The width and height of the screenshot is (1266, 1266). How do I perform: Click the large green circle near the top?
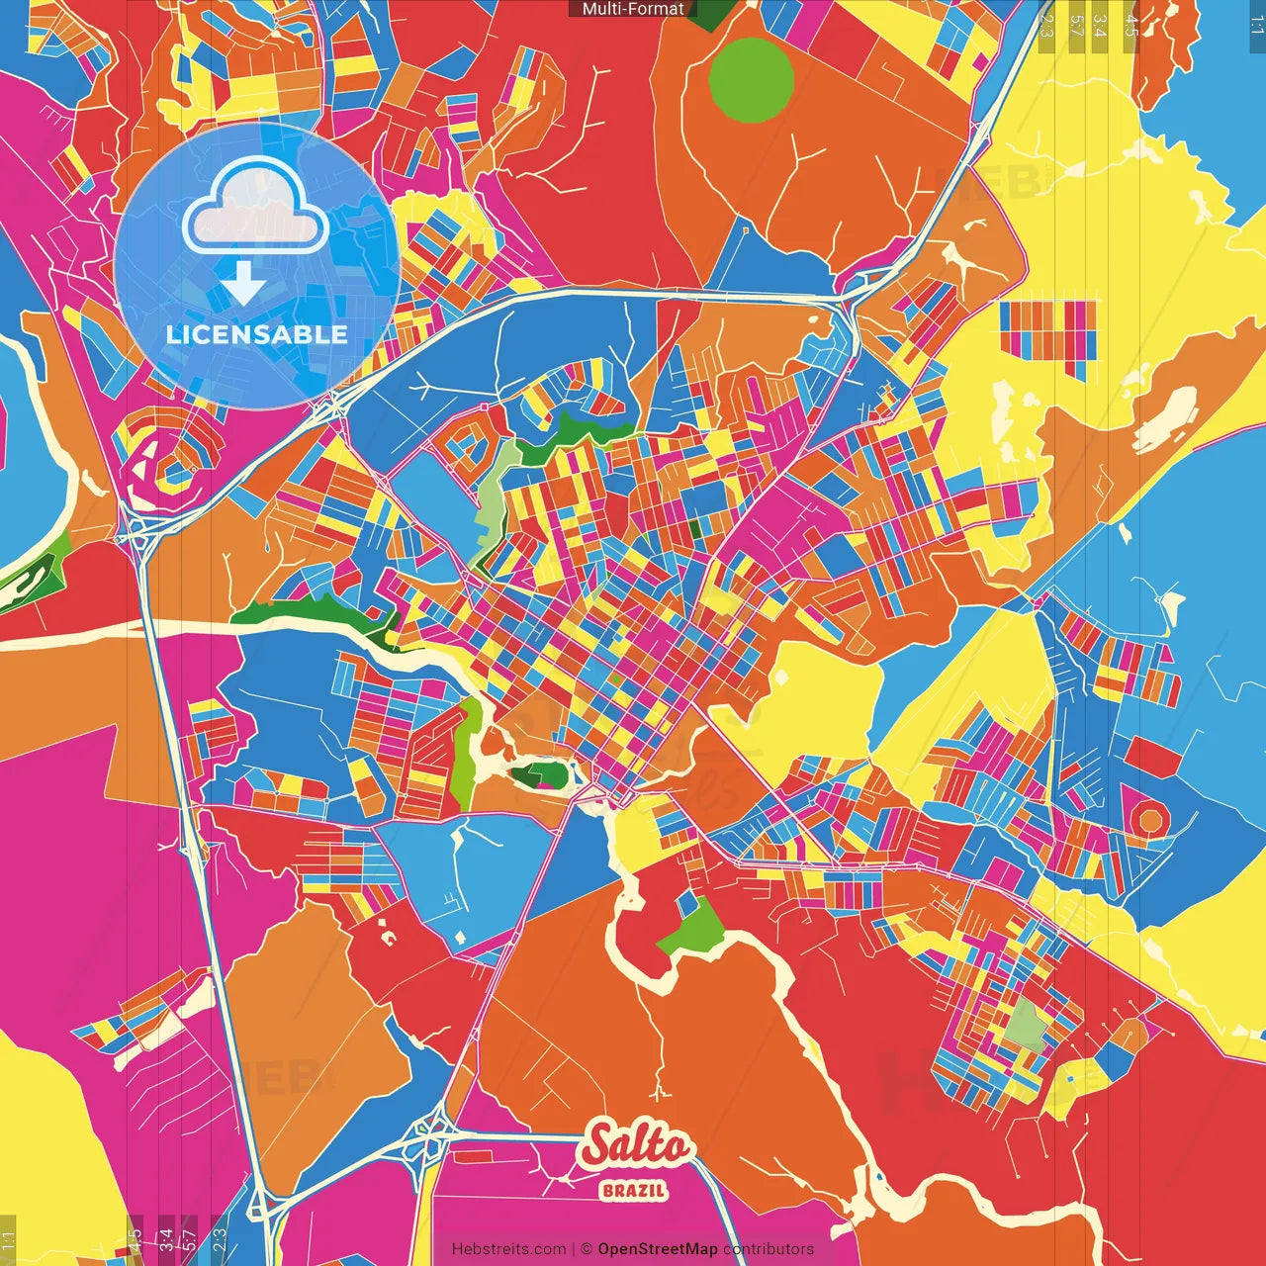coord(752,80)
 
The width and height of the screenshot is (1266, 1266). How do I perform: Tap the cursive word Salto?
coord(638,1146)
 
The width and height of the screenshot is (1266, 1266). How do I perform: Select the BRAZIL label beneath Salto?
coord(634,1190)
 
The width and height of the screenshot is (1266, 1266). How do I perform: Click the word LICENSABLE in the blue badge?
coord(257,334)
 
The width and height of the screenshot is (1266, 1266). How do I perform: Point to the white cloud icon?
coord(256,205)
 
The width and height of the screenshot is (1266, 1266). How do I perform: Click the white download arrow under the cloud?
coord(243,283)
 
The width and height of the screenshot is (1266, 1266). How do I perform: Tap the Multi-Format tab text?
coord(633,9)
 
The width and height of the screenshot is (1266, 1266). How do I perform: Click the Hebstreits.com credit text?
coord(508,1249)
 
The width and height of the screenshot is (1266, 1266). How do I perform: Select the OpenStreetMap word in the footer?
coord(658,1249)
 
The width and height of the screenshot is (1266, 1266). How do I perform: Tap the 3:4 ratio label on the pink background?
coord(166,1238)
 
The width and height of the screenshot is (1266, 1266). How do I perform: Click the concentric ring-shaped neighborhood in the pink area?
coord(161,457)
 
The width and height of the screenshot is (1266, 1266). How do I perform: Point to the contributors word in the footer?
coord(769,1249)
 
